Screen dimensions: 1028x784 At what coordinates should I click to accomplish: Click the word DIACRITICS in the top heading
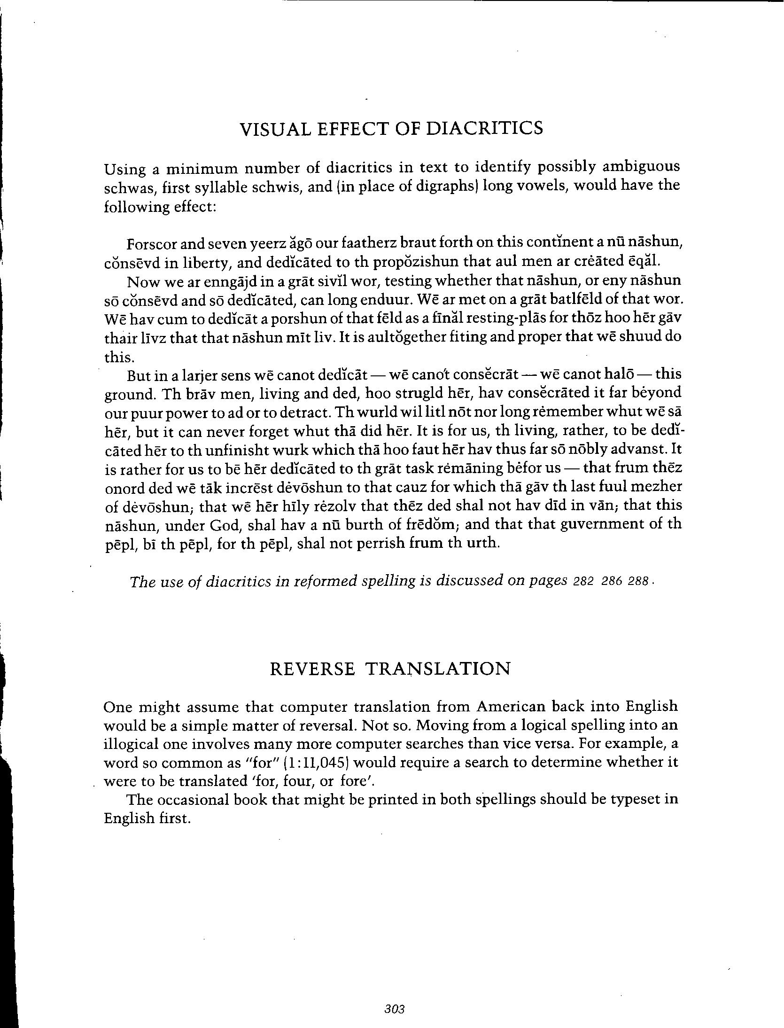click(x=484, y=128)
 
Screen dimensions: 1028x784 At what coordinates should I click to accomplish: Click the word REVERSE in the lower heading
click(x=312, y=669)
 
